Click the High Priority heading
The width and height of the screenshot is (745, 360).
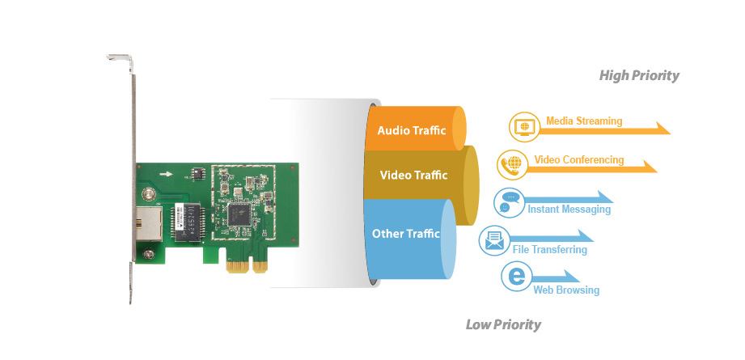(639, 75)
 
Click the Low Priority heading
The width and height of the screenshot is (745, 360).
(503, 325)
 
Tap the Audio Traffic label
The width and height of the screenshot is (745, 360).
(412, 130)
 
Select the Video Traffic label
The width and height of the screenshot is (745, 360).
(414, 175)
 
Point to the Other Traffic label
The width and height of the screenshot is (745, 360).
(406, 234)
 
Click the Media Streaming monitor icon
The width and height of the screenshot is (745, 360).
(524, 127)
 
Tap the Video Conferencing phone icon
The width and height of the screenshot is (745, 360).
(512, 165)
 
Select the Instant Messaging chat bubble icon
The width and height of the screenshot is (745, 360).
(509, 203)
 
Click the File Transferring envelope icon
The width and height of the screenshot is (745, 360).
(493, 241)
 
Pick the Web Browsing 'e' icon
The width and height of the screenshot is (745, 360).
(516, 277)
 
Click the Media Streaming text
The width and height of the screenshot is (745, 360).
(584, 121)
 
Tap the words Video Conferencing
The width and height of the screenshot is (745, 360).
(578, 159)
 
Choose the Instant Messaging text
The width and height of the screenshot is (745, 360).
(569, 209)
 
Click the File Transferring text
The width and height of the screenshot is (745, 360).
(550, 249)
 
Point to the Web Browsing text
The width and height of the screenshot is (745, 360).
(566, 290)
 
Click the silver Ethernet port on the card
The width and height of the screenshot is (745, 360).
(148, 223)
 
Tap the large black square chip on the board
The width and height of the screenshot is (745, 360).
(239, 214)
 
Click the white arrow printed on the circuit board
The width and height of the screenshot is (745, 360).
(166, 174)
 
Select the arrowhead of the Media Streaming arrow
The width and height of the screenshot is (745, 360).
(662, 128)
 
